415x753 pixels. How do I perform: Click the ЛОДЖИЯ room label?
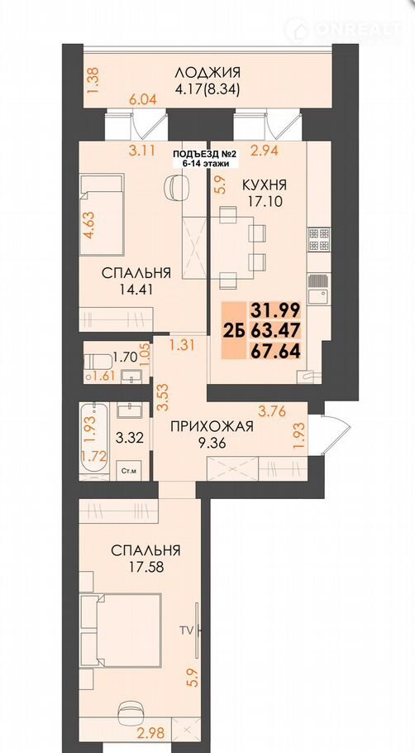coord(207,73)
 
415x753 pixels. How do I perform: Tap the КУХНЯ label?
coord(265,185)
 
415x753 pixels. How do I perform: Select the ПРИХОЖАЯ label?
coord(212,426)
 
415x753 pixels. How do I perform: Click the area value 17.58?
coord(145,567)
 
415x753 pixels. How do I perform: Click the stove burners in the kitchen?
coord(320,238)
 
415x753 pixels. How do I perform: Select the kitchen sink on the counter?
coord(317,289)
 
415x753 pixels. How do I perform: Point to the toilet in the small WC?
coord(97,362)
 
